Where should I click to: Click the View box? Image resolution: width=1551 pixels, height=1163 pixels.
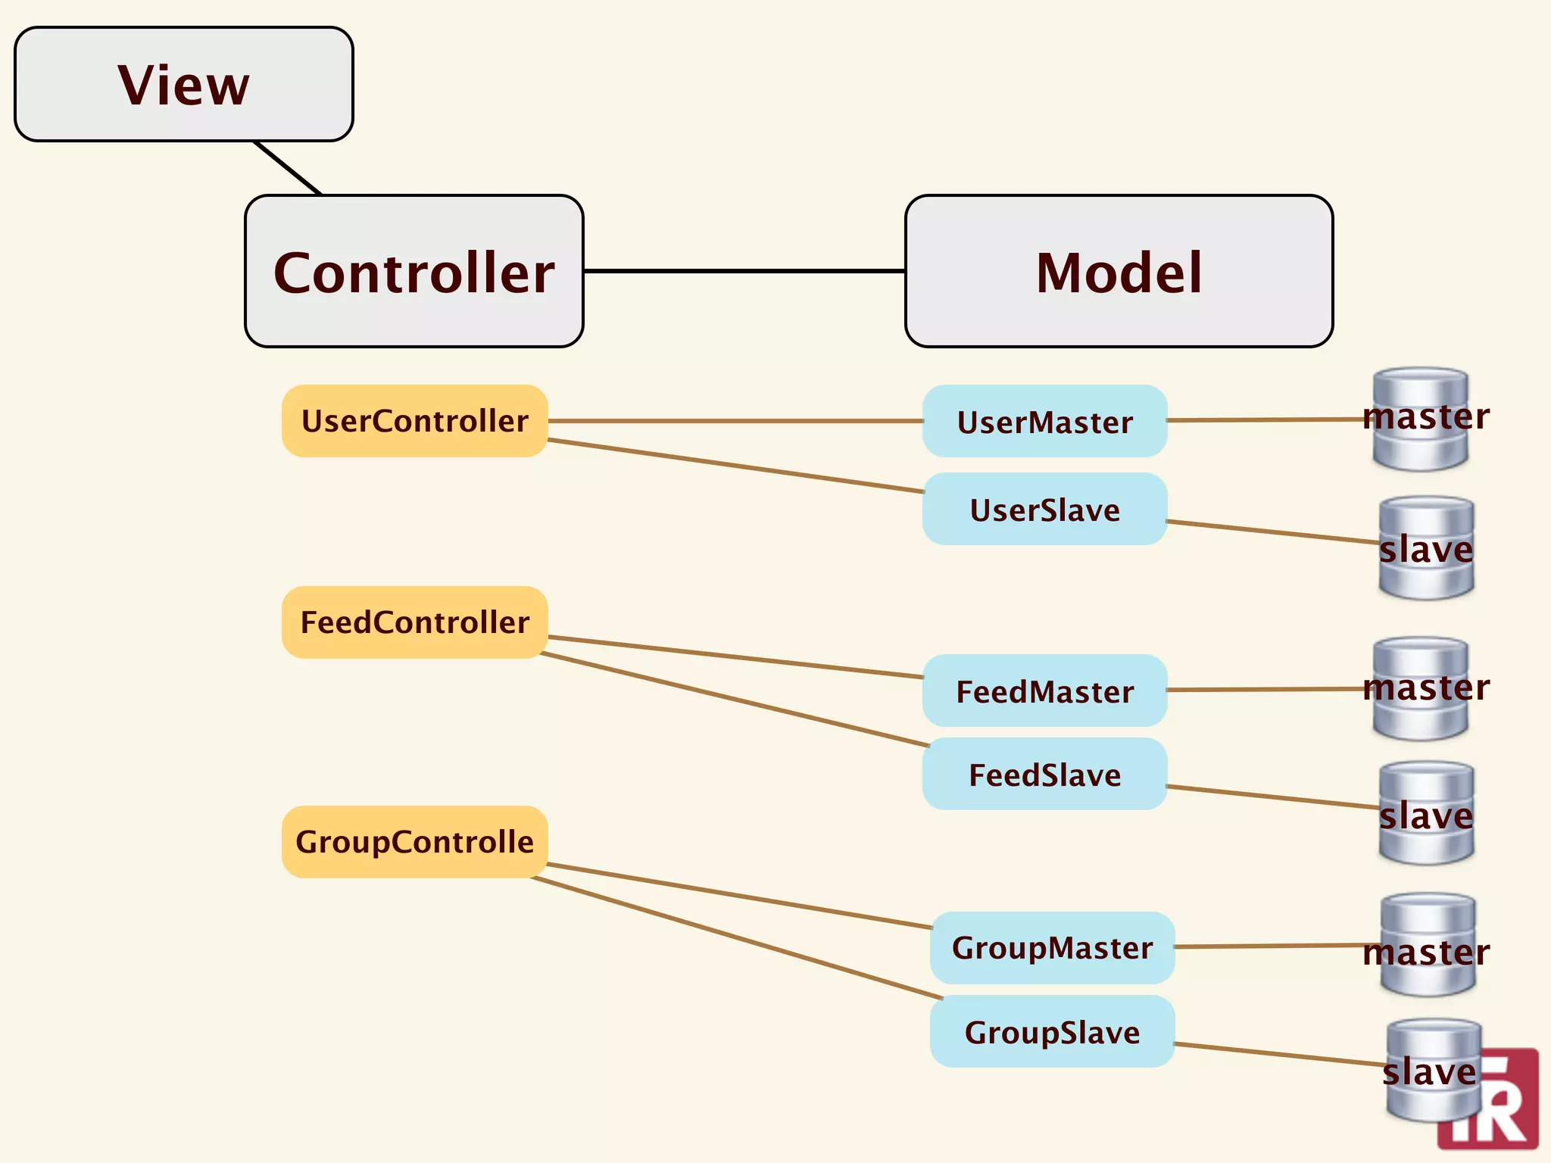coord(184,84)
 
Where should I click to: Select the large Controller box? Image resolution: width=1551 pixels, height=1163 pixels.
coord(413,271)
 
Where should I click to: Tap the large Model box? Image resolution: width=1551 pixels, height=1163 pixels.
coord(1119,271)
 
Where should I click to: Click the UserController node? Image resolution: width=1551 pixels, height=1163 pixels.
coord(414,421)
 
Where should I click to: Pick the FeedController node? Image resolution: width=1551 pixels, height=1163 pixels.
coord(414,622)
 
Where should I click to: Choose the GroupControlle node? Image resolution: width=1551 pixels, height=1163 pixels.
coord(414,842)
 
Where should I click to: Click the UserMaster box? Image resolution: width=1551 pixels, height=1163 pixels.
coord(1044,422)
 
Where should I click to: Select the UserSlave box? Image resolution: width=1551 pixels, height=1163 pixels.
coord(1044,510)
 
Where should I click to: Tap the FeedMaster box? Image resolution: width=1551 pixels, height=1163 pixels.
coord(1044,691)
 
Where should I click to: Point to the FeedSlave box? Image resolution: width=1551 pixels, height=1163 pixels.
coord(1044,775)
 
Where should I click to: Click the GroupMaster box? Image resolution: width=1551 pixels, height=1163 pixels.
coord(1052,948)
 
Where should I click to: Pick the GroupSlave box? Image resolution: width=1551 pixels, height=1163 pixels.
coord(1052,1032)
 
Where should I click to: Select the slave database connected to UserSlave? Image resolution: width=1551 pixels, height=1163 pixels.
coord(1426,548)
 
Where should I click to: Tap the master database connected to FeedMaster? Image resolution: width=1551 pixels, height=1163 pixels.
coord(1421,688)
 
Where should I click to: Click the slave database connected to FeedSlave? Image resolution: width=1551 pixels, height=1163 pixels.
coord(1426,813)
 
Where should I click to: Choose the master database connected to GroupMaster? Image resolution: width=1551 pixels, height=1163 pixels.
coord(1428,945)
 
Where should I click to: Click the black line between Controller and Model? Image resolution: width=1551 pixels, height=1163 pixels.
coord(744,270)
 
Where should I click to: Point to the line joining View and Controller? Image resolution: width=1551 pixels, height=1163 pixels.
coord(289,168)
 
